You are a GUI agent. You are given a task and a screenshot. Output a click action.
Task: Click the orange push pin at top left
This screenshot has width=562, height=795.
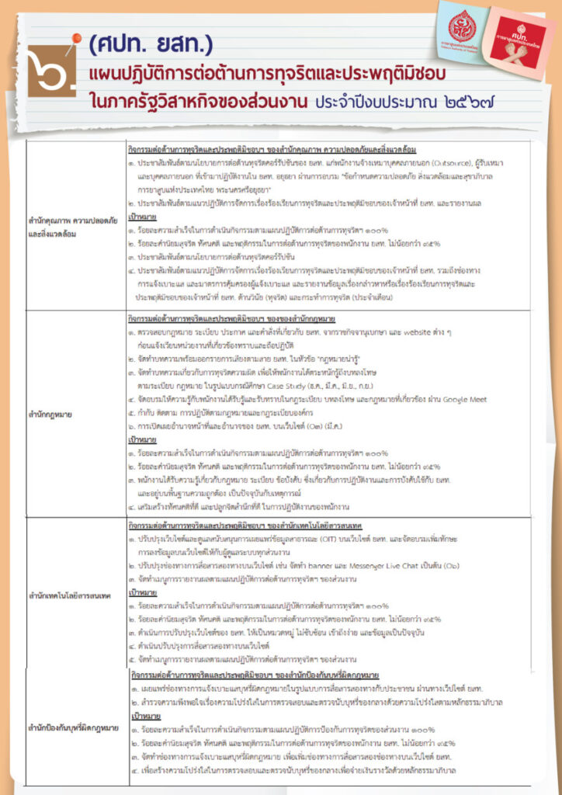[76, 40]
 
